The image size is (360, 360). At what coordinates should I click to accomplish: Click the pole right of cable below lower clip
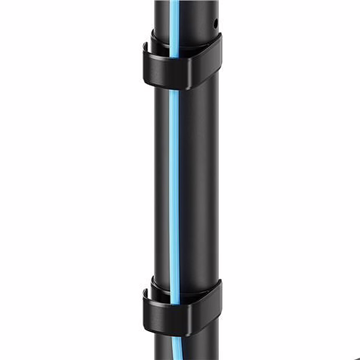click(x=198, y=349)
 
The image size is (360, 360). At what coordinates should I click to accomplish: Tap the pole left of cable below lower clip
click(x=163, y=349)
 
